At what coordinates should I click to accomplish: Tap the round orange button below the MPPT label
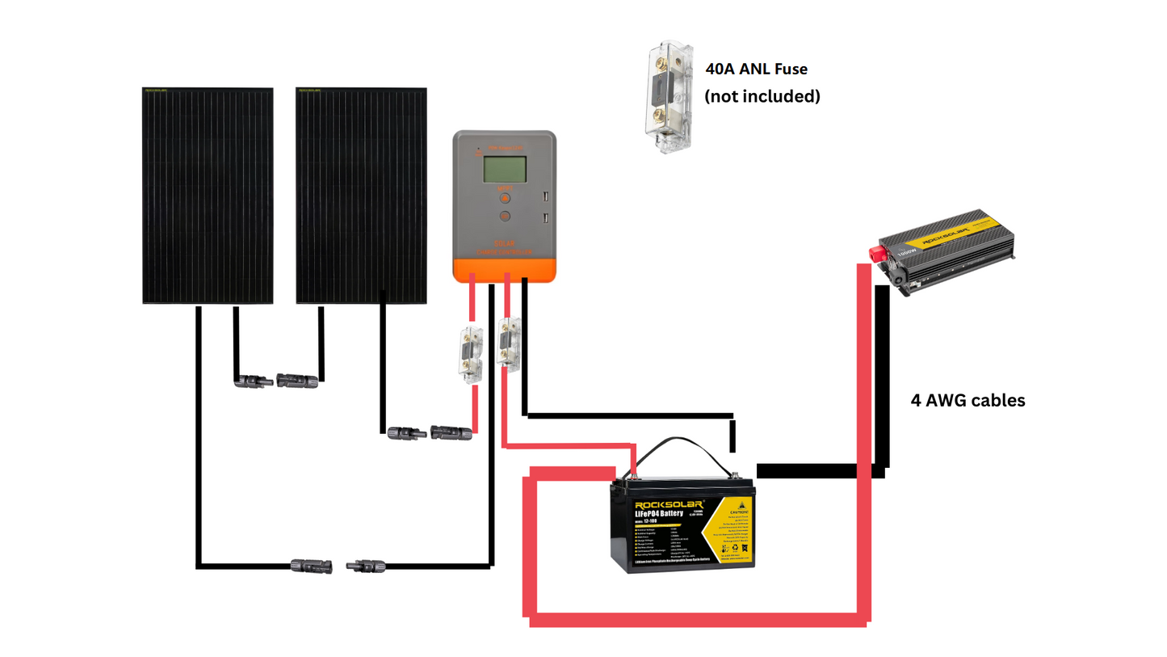[x=504, y=196]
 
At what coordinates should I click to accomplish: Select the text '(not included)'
[x=762, y=96]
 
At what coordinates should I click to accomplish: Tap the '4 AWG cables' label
[x=968, y=400]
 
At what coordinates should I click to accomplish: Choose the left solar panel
[x=208, y=195]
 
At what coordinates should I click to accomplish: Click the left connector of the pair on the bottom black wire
[x=312, y=565]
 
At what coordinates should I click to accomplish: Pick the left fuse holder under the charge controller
[x=469, y=353]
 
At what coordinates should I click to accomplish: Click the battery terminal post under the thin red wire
[x=635, y=478]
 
